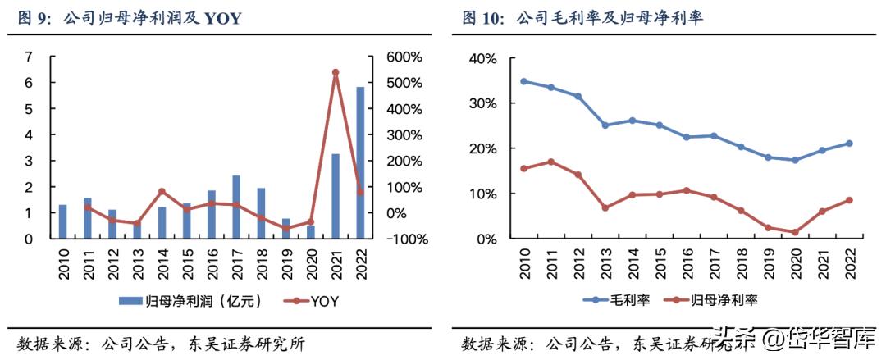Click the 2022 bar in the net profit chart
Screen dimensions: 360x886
(x=360, y=162)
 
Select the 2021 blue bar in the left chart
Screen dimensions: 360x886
(x=336, y=196)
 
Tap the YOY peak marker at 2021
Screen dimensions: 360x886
(x=336, y=73)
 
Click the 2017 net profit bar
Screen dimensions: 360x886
(x=236, y=207)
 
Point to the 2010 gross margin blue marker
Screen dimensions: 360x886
(x=523, y=81)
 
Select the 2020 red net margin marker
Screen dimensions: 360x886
(x=795, y=232)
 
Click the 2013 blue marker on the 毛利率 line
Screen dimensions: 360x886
(x=605, y=125)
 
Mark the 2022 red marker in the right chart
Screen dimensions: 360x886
(x=849, y=200)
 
